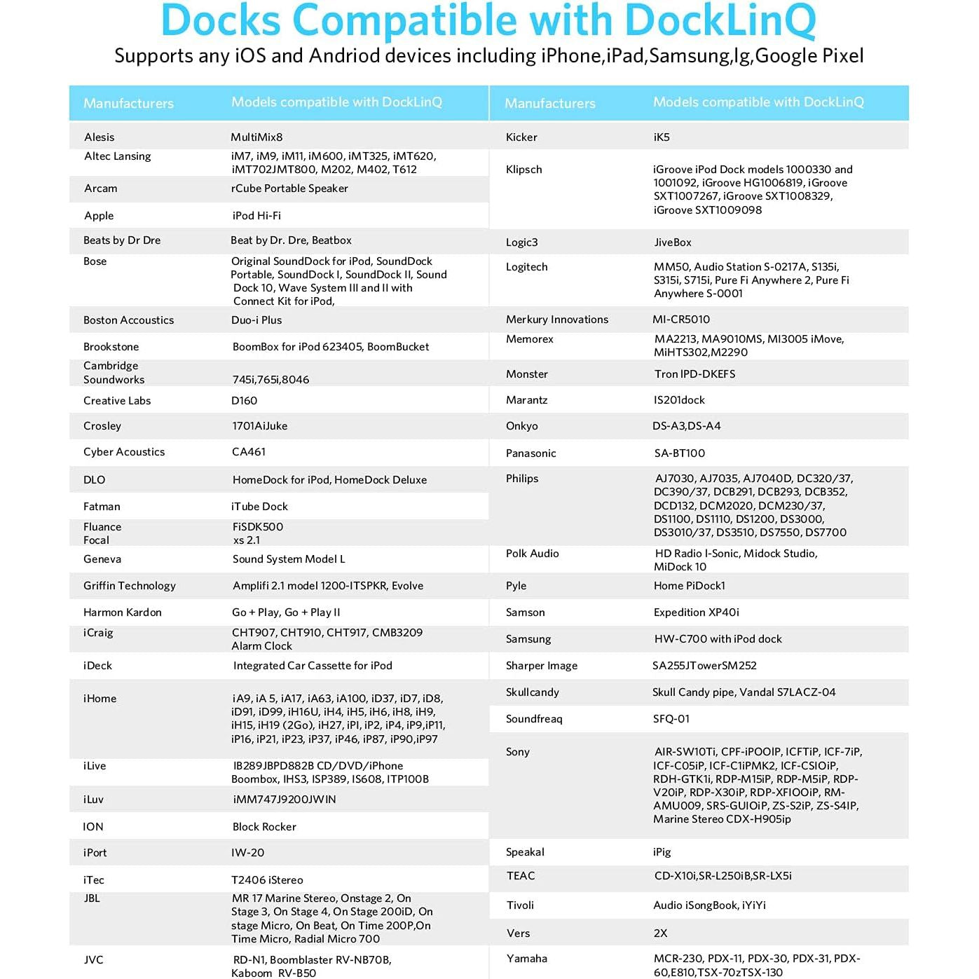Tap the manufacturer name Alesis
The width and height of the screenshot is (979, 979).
(99, 137)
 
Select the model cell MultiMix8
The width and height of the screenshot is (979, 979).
(256, 137)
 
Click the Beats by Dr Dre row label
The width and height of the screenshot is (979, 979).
(122, 240)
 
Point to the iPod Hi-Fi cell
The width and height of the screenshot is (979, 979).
(256, 216)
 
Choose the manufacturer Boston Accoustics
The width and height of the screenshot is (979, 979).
(128, 320)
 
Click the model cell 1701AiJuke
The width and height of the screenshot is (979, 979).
(259, 426)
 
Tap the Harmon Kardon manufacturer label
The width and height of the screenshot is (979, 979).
(122, 612)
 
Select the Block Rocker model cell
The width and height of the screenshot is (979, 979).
(264, 827)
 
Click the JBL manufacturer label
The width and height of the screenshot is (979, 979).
(92, 898)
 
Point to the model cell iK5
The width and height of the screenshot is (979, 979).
(662, 137)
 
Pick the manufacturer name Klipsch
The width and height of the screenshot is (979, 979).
(523, 170)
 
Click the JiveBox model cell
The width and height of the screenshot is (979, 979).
(673, 242)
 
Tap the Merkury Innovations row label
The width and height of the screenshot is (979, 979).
(556, 320)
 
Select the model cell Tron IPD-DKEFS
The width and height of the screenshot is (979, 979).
(694, 374)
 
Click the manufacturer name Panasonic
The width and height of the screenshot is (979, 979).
(530, 453)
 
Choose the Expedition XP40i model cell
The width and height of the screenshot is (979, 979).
(696, 612)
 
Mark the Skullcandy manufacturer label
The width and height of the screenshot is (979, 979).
(532, 692)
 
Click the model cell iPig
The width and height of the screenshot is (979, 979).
(662, 852)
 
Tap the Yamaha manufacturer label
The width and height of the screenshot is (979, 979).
(526, 959)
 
